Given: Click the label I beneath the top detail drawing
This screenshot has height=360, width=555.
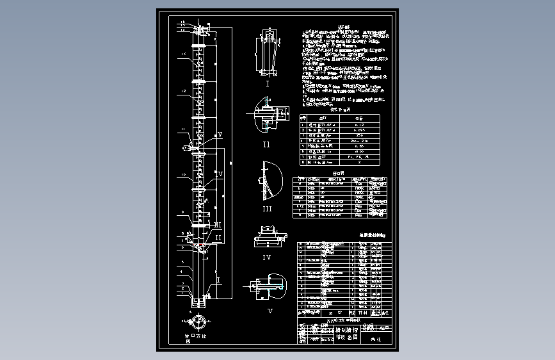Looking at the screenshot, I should pyautogui.click(x=268, y=83).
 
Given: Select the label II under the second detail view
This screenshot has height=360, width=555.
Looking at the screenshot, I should pyautogui.click(x=266, y=145).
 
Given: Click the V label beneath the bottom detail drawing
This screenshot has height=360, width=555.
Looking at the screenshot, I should pyautogui.click(x=269, y=311).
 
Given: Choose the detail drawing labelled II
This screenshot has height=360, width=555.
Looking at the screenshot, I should pyautogui.click(x=268, y=115).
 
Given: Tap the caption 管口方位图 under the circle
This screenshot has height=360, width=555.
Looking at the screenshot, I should pyautogui.click(x=196, y=337).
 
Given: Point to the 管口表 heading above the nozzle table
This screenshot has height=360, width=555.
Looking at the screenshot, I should pyautogui.click(x=339, y=172).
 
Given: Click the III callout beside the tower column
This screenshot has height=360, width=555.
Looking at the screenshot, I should pyautogui.click(x=218, y=225).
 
